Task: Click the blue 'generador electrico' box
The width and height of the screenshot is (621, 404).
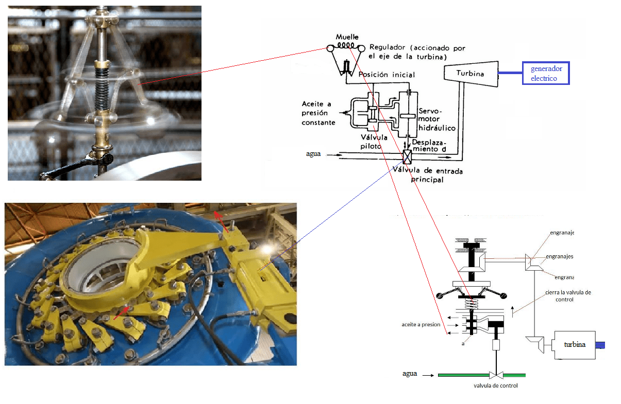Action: (546, 73)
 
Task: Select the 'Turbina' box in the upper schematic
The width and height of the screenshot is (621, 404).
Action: (471, 73)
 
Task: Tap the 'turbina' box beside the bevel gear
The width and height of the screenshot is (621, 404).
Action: (574, 344)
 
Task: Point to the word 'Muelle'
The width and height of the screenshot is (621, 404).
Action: (347, 37)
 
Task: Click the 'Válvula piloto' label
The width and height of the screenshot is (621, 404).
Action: (371, 141)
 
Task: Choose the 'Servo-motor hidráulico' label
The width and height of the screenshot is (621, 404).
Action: (437, 119)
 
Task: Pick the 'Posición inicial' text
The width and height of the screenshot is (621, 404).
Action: (387, 75)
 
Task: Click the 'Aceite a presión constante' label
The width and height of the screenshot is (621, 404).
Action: (318, 113)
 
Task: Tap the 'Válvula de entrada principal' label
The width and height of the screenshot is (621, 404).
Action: (427, 175)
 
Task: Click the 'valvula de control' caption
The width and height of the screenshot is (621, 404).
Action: (496, 385)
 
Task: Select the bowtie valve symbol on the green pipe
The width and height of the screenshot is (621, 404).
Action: (496, 374)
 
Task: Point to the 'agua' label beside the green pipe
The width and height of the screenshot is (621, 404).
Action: (410, 374)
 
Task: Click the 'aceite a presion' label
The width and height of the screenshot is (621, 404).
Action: (421, 324)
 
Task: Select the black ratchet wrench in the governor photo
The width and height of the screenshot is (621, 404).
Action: (82, 164)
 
